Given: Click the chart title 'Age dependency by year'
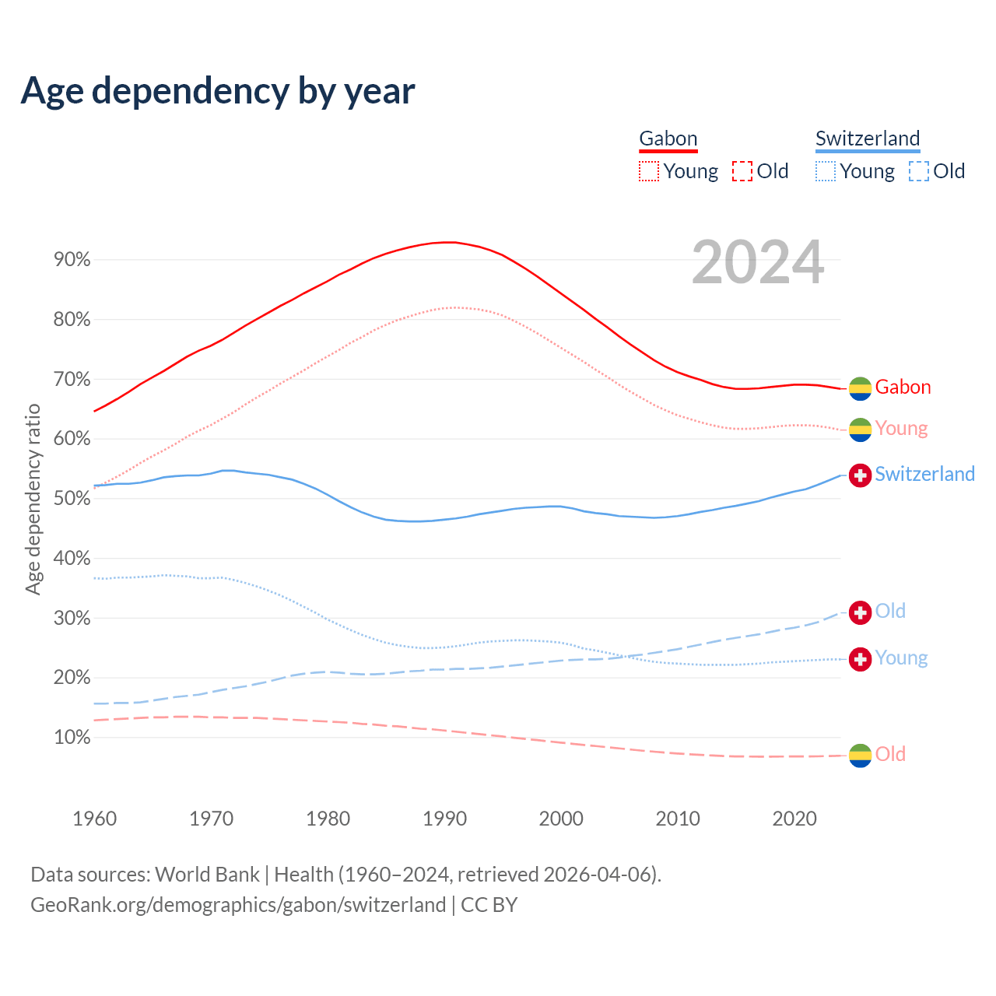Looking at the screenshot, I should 218,91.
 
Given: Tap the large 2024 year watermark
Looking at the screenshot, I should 757,263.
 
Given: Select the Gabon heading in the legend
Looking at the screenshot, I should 668,139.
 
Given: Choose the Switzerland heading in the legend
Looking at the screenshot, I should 868,139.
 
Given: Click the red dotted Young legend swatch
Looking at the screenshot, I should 648,171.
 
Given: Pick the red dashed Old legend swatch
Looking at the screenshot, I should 742,171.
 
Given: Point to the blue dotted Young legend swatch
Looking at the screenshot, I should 826,171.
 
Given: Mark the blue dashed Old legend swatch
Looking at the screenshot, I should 919,171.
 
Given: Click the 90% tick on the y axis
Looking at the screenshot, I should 72,260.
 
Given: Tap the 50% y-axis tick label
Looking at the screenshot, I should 72,499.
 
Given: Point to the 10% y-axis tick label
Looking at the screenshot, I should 72,738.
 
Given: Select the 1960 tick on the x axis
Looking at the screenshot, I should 94,819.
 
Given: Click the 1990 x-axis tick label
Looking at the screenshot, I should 444,819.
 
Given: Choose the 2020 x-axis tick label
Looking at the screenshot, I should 794,819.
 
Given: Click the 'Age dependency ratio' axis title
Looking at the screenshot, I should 33,499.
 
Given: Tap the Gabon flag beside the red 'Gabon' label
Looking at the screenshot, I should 860,388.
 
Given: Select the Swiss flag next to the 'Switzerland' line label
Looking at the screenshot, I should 860,475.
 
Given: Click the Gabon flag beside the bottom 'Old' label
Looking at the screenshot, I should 860,755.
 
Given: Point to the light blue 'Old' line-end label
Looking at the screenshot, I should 890,612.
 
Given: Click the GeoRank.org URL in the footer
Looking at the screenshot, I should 238,905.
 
